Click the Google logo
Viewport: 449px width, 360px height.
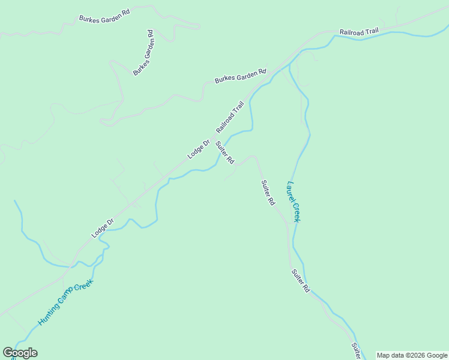coord(20,353)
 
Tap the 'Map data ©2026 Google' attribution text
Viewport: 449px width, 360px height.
coord(412,355)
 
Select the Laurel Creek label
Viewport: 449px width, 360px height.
coord(294,202)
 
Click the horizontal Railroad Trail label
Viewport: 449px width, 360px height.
coord(359,32)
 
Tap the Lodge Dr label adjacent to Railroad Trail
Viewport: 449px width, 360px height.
coord(198,149)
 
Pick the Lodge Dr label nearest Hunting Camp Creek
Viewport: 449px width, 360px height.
coord(102,228)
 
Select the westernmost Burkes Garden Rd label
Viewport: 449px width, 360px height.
coord(104,18)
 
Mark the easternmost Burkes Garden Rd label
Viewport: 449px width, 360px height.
coord(240,76)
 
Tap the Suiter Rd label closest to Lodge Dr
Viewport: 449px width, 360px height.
coord(225,152)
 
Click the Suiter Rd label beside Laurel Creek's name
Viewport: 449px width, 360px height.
coord(268,193)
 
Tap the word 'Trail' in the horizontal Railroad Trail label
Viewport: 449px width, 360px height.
coord(370,33)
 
